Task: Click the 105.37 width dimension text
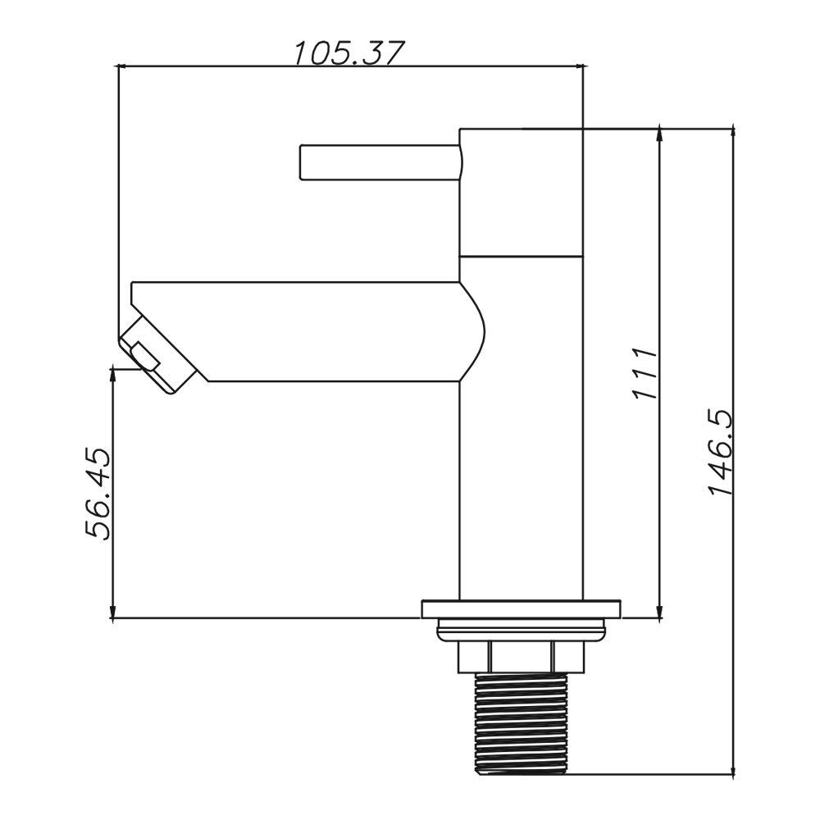pos(349,53)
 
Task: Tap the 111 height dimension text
pos(645,374)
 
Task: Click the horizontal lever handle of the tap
pos(377,162)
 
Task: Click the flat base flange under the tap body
pos(521,609)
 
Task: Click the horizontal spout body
pos(328,331)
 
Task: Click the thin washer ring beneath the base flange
pos(521,630)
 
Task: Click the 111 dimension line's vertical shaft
pos(660,508)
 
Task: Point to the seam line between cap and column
pos(521,254)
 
